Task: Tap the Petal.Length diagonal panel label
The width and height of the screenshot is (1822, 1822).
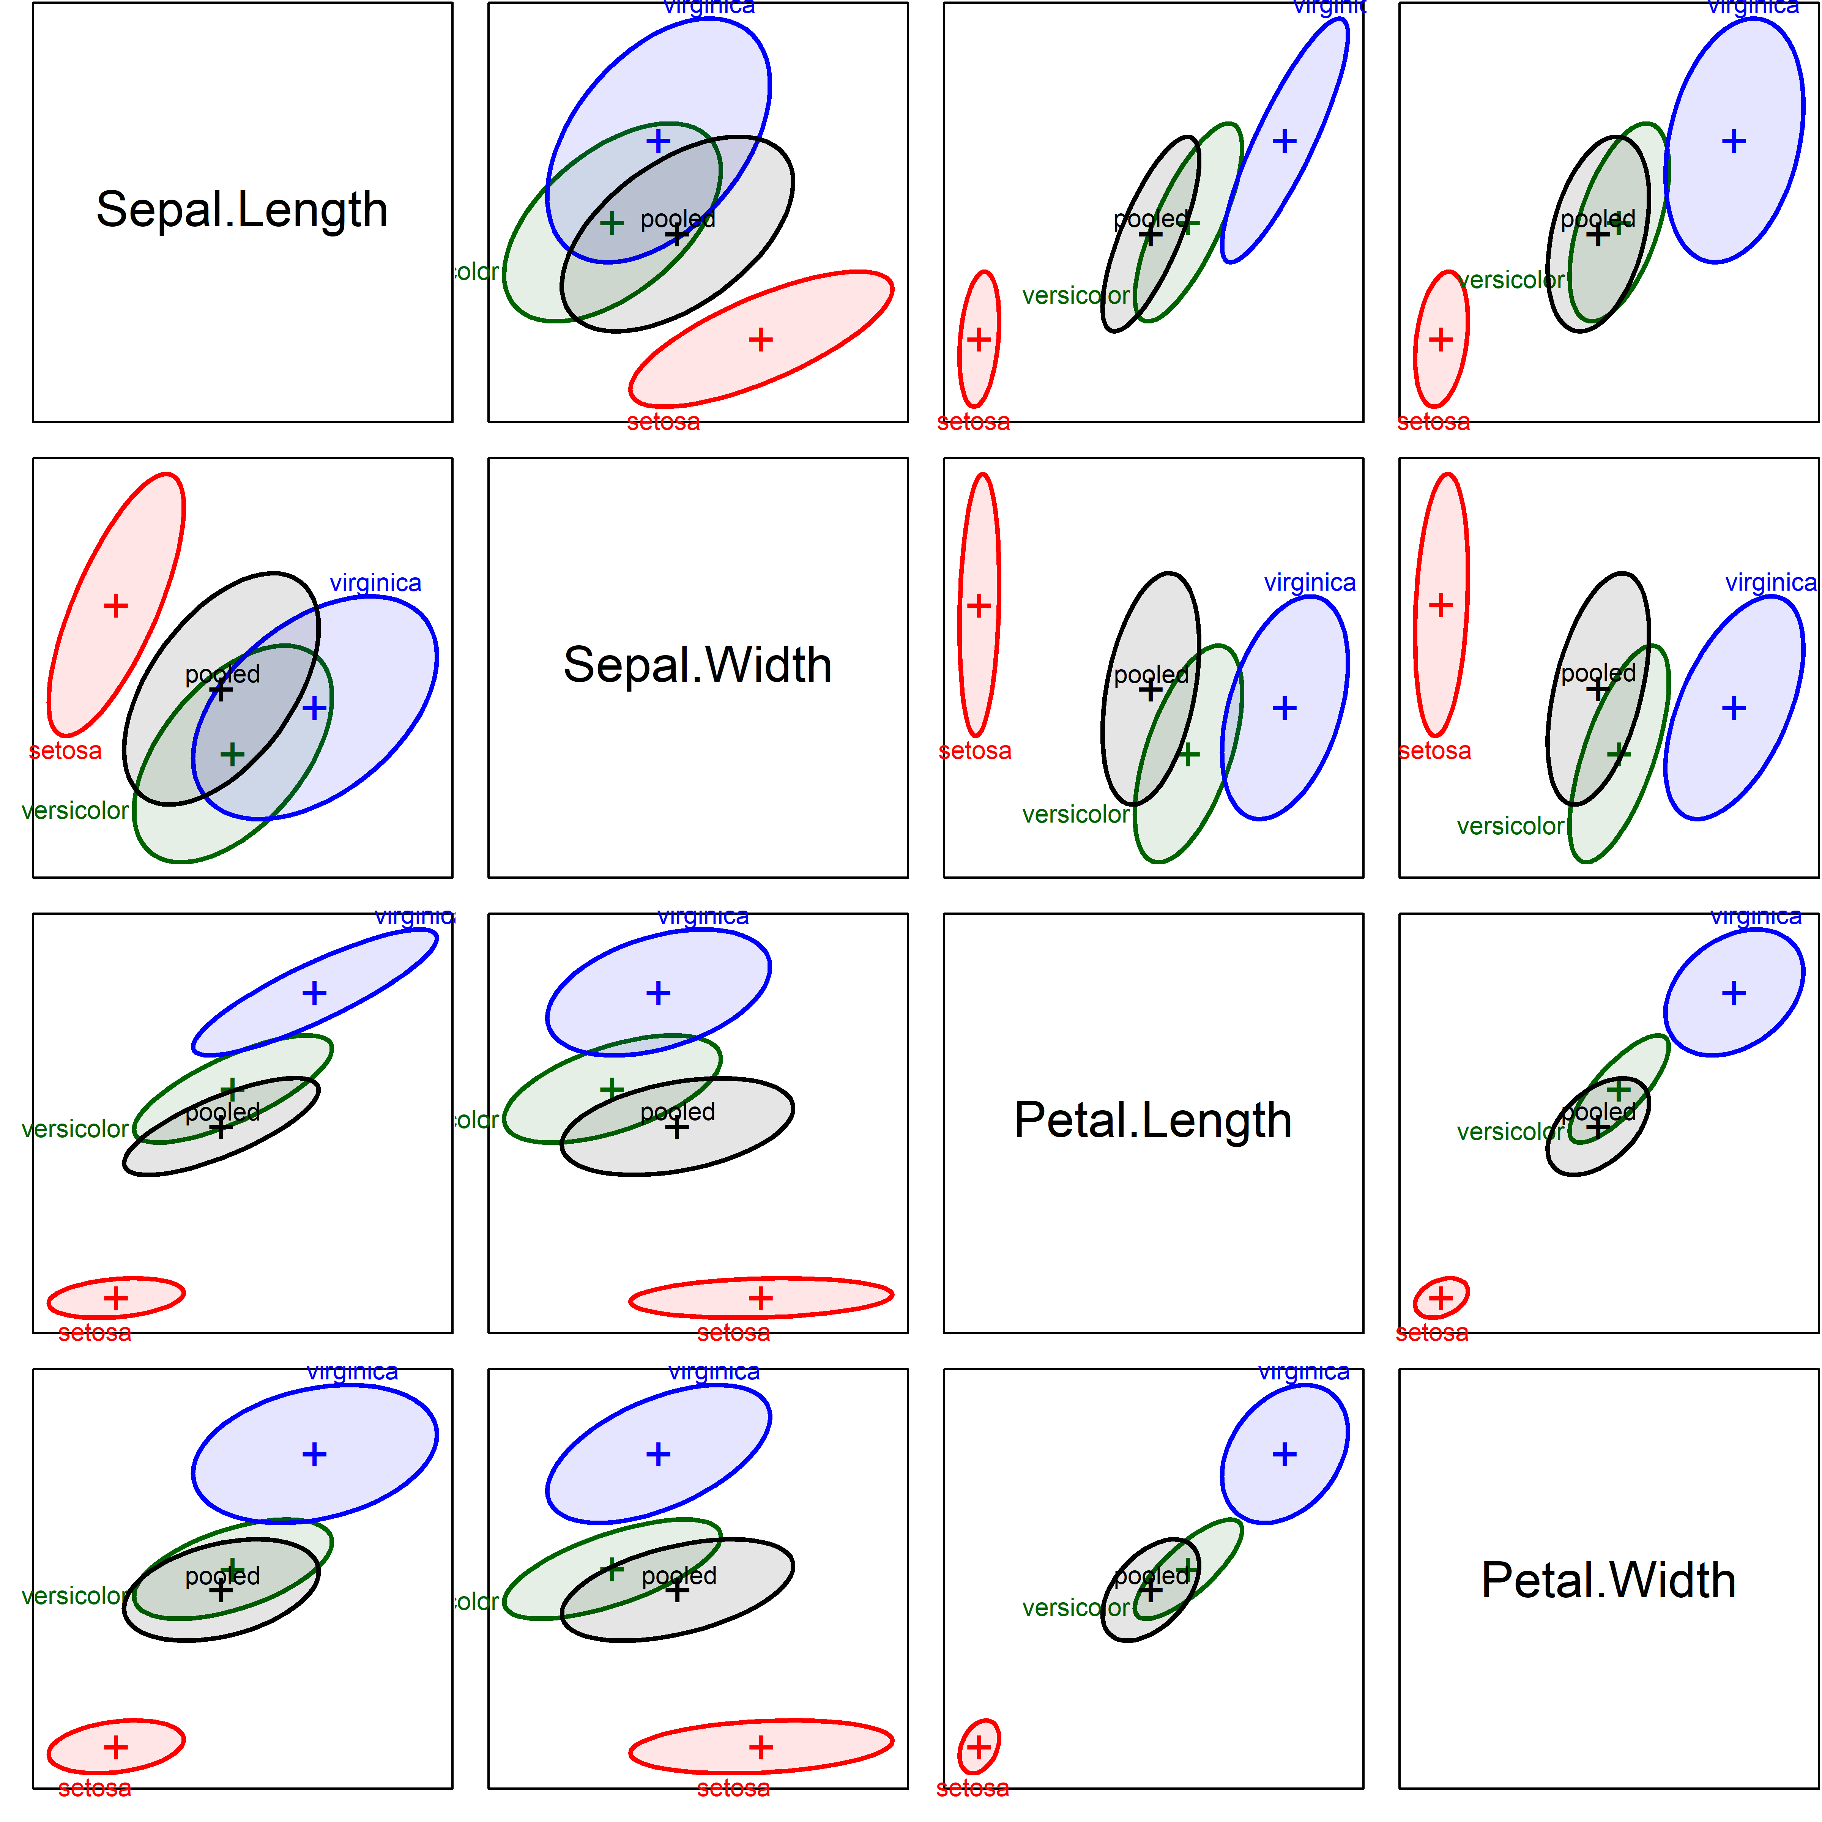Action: pos(1152,1121)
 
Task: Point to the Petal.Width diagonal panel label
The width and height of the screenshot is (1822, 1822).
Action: pos(1608,1579)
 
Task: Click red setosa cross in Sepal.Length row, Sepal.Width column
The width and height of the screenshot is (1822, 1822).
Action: pos(760,339)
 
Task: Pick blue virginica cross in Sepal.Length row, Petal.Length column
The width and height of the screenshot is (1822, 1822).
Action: pos(1285,142)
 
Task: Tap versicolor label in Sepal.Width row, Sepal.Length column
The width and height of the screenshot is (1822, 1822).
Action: pos(76,810)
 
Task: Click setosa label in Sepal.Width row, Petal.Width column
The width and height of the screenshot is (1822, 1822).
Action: pos(1434,751)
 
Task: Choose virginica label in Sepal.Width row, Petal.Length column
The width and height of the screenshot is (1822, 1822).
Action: pos(1310,583)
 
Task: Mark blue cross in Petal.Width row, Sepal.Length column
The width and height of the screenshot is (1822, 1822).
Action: pos(314,1454)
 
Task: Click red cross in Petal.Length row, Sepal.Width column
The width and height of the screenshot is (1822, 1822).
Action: pos(760,1299)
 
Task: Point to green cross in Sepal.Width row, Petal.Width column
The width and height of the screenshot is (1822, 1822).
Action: pos(1618,755)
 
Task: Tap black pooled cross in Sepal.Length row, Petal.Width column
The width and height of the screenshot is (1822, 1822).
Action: pos(1598,235)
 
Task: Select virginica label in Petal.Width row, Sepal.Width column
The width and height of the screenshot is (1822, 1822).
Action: pos(714,1372)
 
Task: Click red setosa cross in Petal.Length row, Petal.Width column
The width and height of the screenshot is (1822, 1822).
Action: pos(1440,1299)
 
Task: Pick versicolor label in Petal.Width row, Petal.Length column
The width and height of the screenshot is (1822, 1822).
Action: pos(1075,1608)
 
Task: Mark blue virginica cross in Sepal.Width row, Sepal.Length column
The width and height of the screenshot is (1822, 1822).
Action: pos(314,708)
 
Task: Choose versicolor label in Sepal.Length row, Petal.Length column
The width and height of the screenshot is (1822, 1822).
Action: pos(1075,296)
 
